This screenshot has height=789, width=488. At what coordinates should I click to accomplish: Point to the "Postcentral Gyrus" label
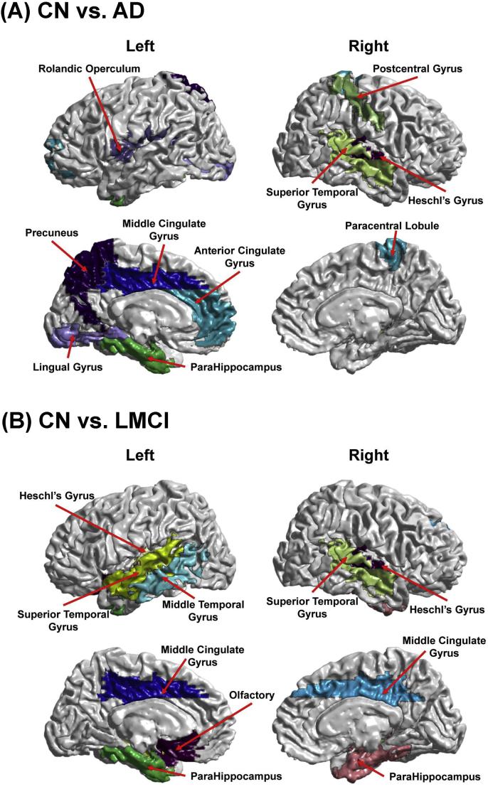(417, 68)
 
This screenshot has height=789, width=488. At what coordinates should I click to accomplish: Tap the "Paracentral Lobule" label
(392, 226)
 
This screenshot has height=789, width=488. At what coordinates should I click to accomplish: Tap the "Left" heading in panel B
(140, 454)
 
